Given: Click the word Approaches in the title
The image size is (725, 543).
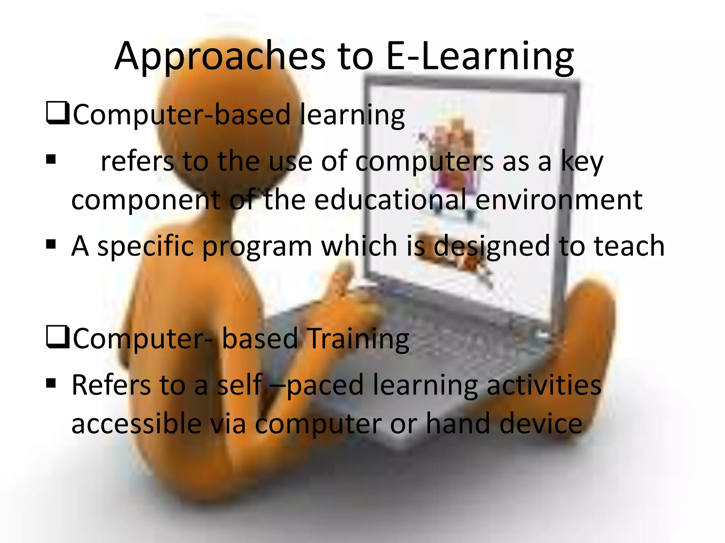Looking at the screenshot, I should (x=219, y=57).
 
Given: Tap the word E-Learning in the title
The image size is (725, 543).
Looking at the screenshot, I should (x=480, y=57).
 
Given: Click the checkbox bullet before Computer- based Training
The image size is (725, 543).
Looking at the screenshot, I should (x=57, y=337).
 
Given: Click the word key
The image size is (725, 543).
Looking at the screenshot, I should (x=582, y=162).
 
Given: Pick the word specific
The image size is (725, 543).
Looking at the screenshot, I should (x=145, y=246).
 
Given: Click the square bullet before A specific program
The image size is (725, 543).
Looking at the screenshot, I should (x=51, y=244).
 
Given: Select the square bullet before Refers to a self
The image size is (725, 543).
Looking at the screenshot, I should (x=51, y=383).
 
